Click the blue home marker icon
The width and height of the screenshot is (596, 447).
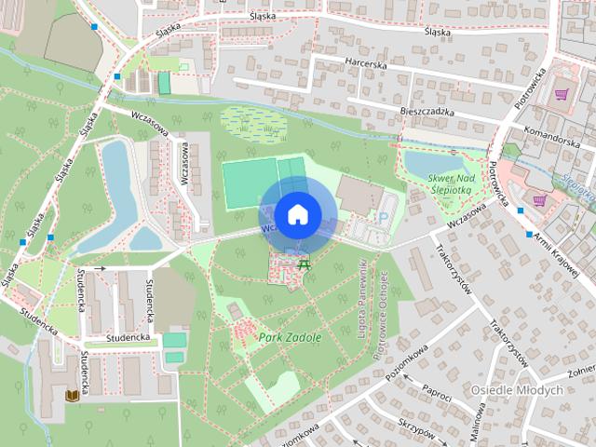pos(297,214)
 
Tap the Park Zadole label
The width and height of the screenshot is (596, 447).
pos(290,337)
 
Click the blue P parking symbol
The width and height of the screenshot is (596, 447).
pos(383,217)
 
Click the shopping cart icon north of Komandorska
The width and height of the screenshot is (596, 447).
pos(562,93)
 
